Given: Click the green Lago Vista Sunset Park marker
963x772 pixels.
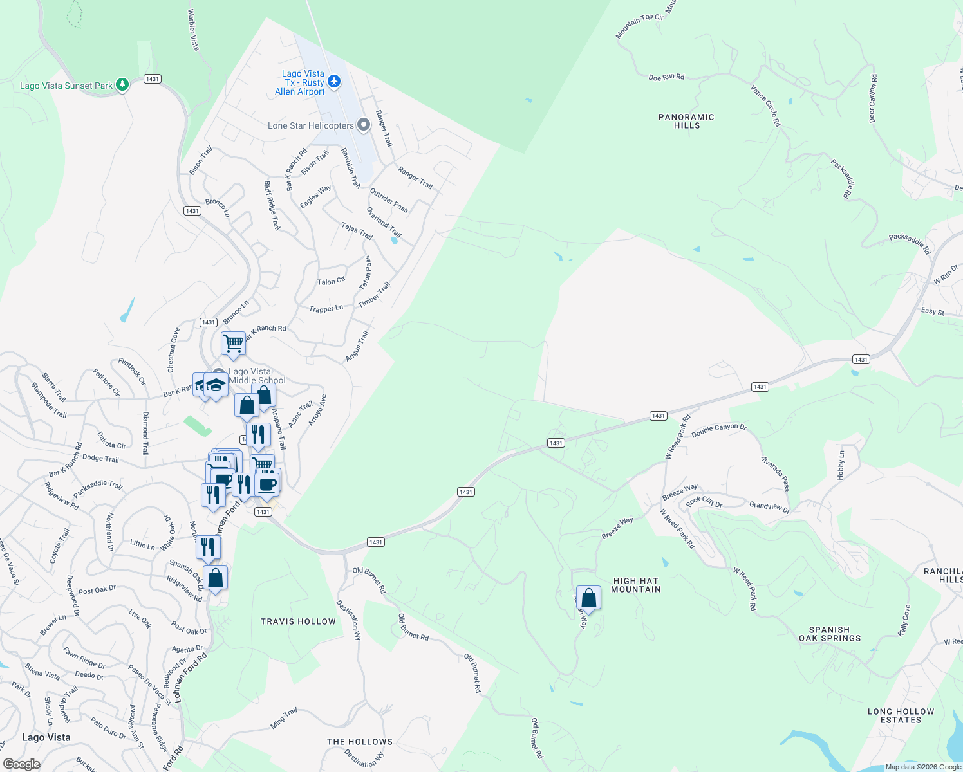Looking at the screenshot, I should [122, 85].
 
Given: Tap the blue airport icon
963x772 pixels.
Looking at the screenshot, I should [333, 81].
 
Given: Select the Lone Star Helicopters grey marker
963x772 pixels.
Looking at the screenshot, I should [364, 125].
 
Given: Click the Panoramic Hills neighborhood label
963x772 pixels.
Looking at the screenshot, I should [686, 121].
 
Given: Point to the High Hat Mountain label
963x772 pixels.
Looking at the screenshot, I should [635, 585].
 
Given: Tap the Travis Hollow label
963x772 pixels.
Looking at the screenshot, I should [298, 621].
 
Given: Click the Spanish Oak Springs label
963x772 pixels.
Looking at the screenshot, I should [829, 634].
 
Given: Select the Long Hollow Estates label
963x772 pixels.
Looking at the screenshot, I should [901, 715].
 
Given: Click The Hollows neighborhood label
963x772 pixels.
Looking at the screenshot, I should [359, 742].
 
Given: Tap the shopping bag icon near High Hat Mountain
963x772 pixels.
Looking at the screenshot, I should [588, 598].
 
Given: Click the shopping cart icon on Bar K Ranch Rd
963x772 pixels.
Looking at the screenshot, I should [233, 343].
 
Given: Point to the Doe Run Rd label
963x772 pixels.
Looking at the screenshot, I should [666, 77].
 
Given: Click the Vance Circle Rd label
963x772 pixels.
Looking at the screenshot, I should [765, 105].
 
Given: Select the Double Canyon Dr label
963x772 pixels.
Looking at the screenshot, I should [718, 430].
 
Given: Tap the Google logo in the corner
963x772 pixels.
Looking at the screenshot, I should [21, 764].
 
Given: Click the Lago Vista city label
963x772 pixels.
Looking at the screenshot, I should [46, 737].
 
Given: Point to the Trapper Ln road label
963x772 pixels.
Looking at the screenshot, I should [326, 309].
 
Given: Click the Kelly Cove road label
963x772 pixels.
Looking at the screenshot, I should [904, 620].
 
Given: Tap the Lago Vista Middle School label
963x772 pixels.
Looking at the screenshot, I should [257, 376].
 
